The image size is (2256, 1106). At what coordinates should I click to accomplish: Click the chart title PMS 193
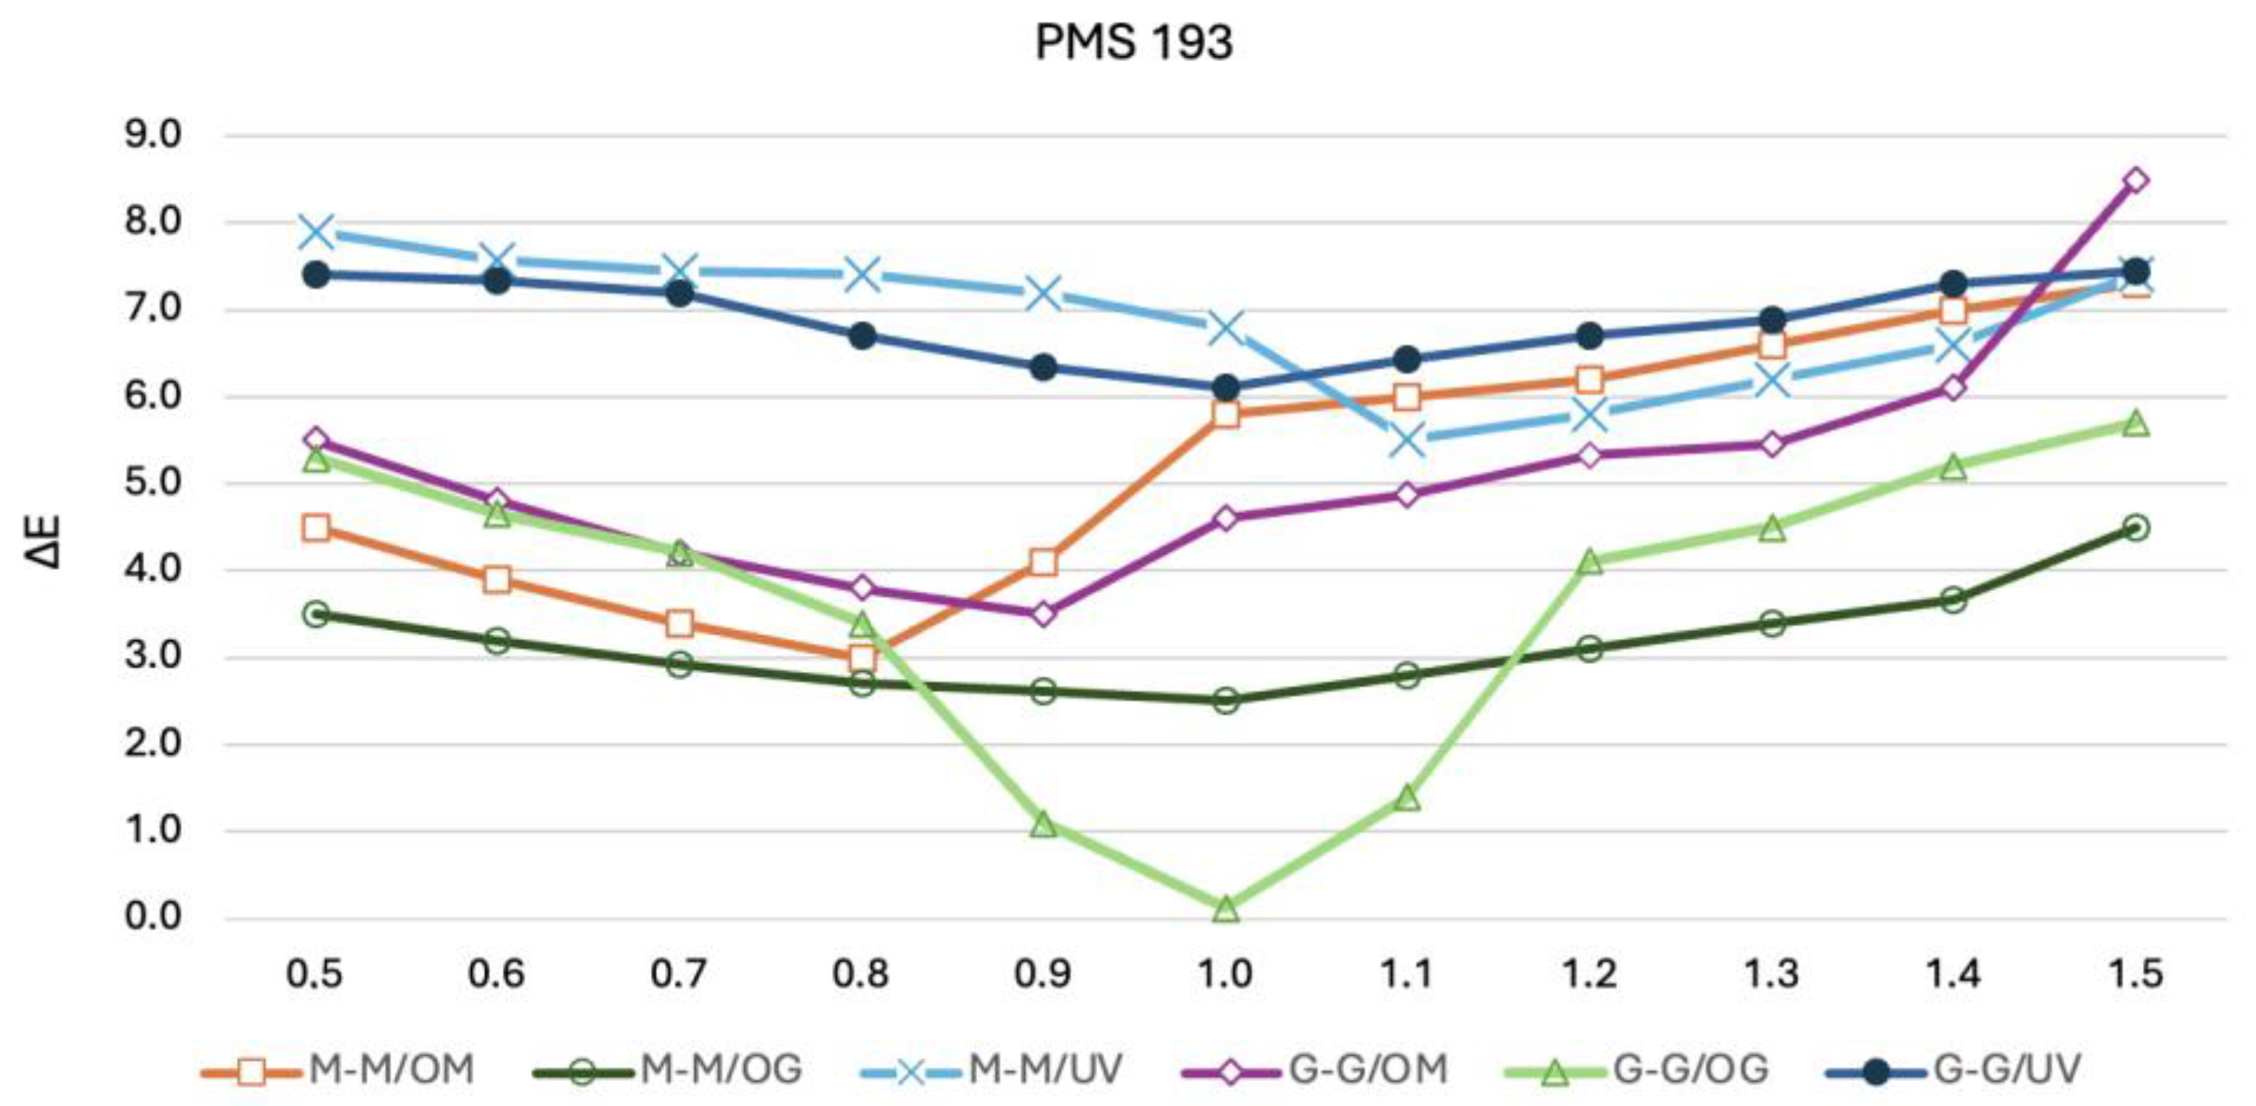[1133, 42]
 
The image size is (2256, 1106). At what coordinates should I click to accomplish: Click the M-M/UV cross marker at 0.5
[316, 232]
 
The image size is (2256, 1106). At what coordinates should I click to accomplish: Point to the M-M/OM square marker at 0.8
[863, 657]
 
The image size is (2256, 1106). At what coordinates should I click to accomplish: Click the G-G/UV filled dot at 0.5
[316, 275]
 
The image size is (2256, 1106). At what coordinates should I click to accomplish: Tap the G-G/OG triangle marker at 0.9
[1043, 824]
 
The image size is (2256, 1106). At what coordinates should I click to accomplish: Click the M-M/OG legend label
[721, 1069]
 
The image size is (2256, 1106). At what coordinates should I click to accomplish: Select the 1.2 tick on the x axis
[1589, 974]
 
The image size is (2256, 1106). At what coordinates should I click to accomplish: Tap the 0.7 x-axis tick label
[679, 974]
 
